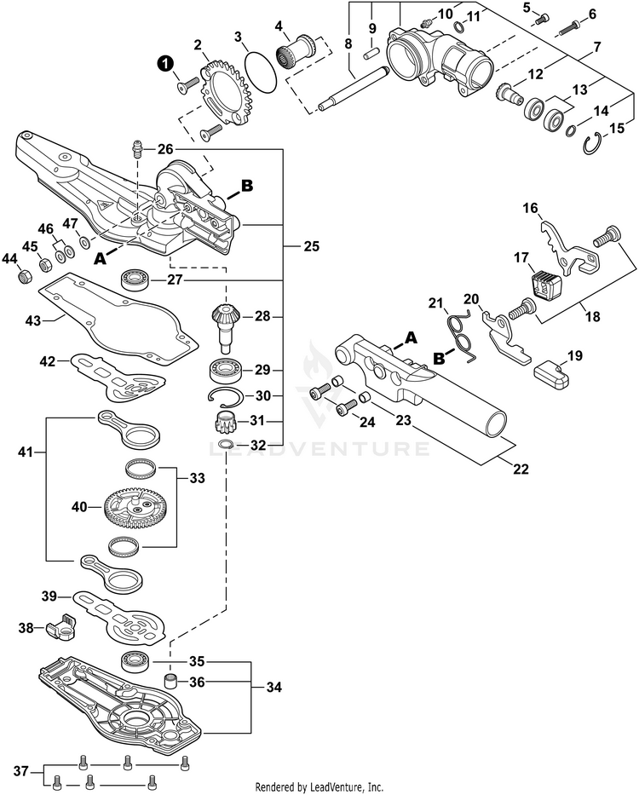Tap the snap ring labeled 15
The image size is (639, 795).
coord(594,147)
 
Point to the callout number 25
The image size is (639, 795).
coord(312,247)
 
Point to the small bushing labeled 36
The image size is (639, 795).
coord(170,681)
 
